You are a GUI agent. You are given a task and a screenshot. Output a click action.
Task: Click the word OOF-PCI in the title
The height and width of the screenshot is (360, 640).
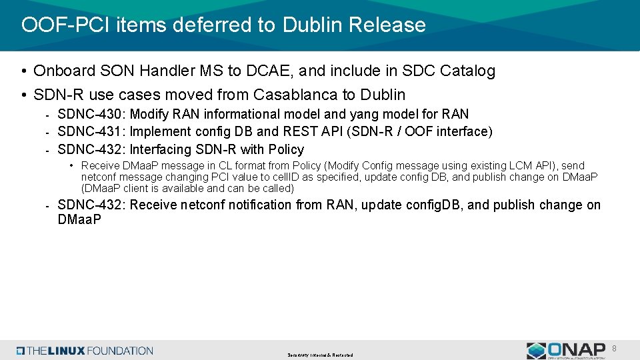pos(66,25)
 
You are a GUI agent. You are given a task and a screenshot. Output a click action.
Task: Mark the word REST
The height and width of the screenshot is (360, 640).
pos(301,131)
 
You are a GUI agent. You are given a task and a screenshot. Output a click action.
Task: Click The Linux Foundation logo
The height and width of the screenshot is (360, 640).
pos(85,351)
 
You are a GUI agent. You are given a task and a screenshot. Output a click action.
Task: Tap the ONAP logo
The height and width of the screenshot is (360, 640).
pos(566,350)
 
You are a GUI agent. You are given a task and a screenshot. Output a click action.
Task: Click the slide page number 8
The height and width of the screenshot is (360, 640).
pos(614,348)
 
